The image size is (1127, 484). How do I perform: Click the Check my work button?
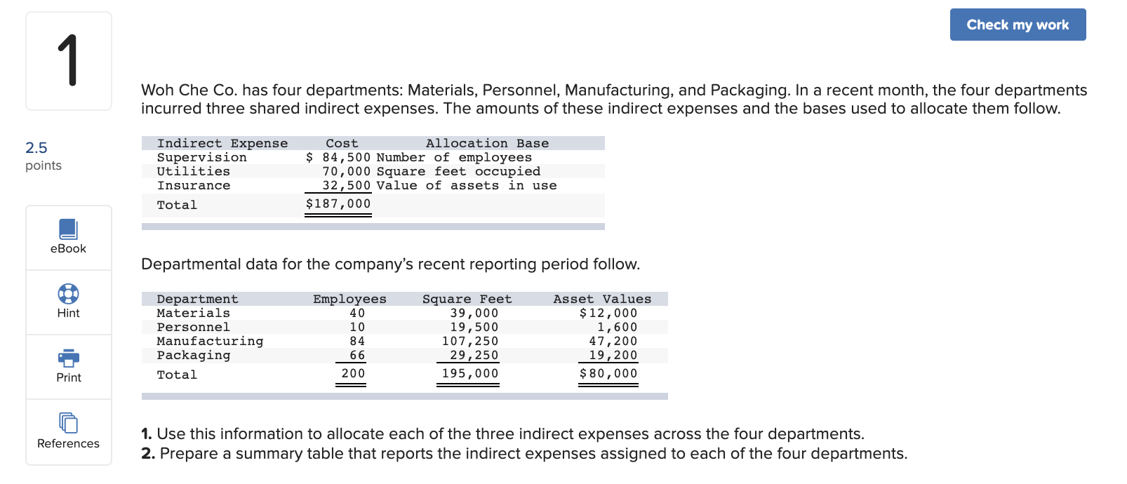pos(1018,25)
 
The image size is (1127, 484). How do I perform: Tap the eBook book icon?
pos(68,229)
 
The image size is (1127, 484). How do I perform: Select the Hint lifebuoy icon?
pos(68,293)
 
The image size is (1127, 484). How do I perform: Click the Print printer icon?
pos(68,358)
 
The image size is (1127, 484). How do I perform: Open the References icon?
pos(68,422)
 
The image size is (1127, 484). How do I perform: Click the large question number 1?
pos(68,61)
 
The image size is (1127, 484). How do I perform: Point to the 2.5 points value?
pos(36,147)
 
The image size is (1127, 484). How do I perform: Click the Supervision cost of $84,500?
pos(339,157)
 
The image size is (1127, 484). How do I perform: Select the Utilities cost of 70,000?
pos(346,171)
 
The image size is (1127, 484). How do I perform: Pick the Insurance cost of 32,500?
pos(346,185)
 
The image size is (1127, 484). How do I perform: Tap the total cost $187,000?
pos(338,203)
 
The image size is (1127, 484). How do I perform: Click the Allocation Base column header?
pos(487,143)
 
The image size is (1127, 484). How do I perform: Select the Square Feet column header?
pos(467,299)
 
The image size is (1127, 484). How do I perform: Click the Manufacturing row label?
pos(210,341)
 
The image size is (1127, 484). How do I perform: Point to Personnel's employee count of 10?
pos(357,327)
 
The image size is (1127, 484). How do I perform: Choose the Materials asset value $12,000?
pos(608,313)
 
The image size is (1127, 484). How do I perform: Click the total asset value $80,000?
pos(608,373)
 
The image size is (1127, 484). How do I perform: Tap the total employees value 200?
pos(353,373)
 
